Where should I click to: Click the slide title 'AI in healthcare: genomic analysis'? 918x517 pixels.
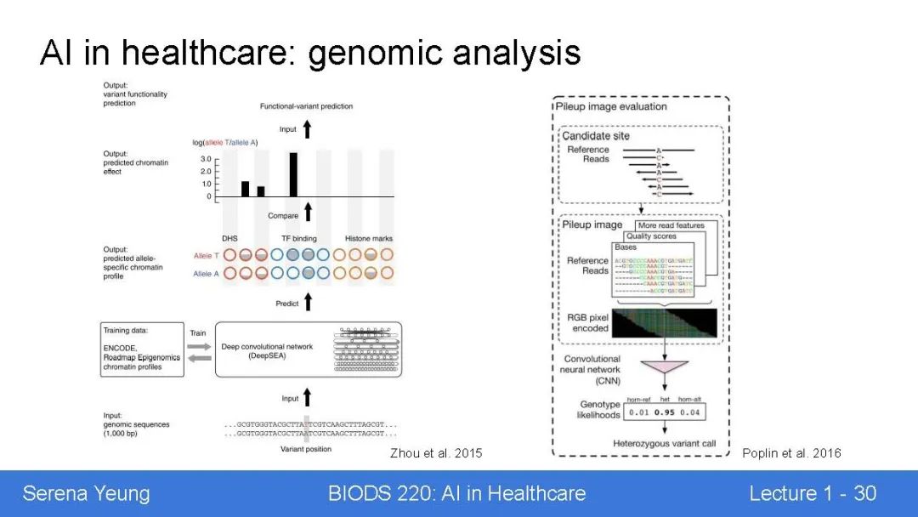click(310, 53)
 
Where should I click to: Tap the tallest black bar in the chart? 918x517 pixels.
click(293, 174)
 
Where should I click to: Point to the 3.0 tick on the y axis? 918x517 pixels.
click(206, 159)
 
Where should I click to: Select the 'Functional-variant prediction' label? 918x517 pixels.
click(306, 106)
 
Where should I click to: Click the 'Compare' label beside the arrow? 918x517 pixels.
click(283, 216)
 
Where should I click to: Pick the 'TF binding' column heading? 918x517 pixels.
click(298, 239)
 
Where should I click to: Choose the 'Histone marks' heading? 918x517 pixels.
click(369, 239)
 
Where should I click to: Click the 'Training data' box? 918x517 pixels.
click(142, 349)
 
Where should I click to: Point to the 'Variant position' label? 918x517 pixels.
click(306, 449)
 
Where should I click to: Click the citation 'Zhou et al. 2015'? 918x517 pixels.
click(436, 453)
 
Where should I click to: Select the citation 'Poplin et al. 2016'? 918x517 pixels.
click(791, 453)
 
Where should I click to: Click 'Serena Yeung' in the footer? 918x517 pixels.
click(86, 493)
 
